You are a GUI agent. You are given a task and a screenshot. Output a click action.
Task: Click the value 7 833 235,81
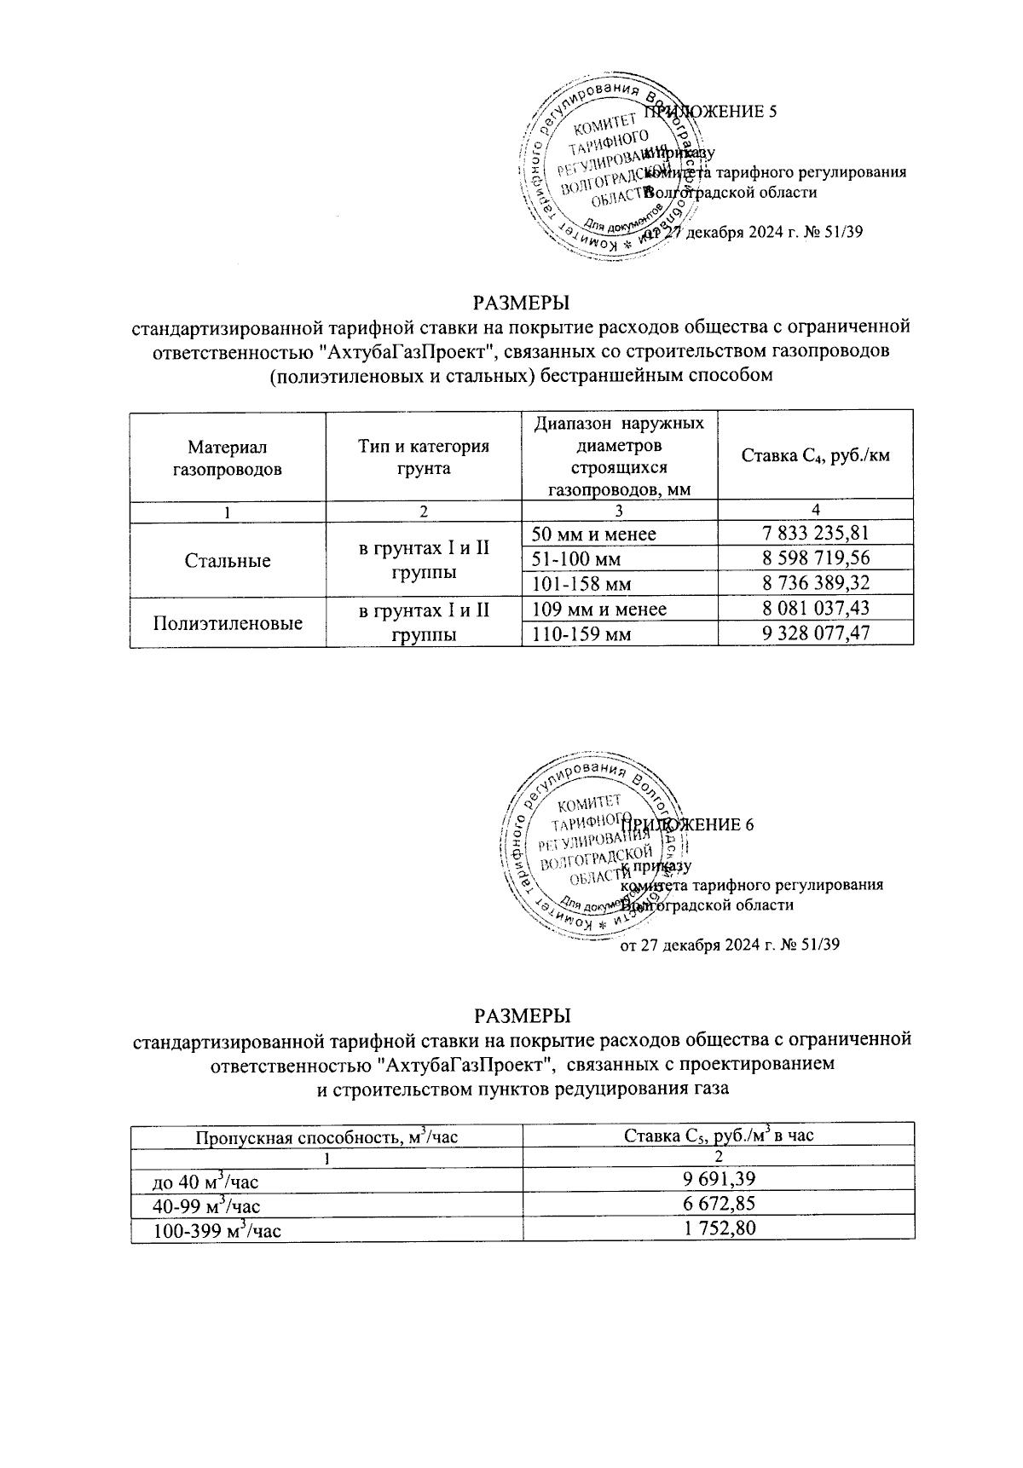(816, 534)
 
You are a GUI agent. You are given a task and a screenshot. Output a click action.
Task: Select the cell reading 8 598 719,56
(816, 558)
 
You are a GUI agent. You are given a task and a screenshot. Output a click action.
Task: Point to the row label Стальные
(228, 560)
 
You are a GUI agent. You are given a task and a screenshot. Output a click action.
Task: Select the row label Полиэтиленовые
(228, 622)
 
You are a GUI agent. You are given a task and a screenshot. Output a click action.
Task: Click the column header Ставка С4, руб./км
(816, 455)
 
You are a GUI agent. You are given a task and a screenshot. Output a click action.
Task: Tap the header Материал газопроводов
(228, 457)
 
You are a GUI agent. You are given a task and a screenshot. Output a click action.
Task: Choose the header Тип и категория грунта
(424, 457)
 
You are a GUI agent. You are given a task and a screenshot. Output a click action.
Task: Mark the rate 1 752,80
(719, 1228)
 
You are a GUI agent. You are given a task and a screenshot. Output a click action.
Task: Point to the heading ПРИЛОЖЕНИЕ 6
(687, 824)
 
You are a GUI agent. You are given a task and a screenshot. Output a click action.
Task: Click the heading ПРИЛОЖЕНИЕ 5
(710, 113)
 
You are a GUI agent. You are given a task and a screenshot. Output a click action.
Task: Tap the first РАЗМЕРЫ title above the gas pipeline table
(521, 303)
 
